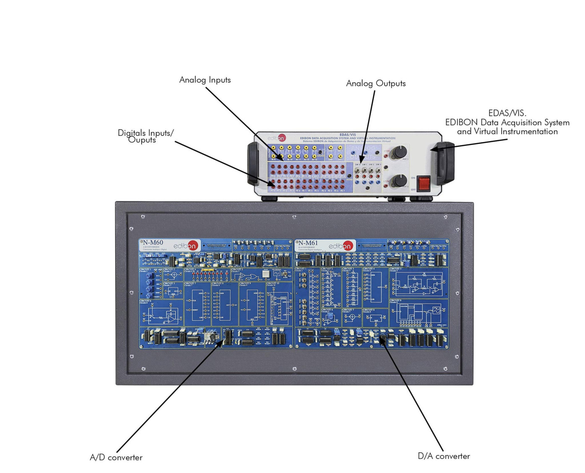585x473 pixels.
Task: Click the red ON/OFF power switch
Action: point(423,183)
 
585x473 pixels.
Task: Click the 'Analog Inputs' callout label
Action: point(205,80)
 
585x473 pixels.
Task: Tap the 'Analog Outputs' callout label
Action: point(375,83)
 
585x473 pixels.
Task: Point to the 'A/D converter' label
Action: point(116,457)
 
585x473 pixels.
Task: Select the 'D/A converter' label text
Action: point(443,456)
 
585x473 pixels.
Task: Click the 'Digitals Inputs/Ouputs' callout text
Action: point(145,136)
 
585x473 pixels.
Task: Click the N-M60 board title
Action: point(153,243)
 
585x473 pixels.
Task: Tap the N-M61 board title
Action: point(308,243)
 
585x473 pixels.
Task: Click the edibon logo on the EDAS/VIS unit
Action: point(276,138)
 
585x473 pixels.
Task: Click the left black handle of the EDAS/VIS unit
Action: point(253,164)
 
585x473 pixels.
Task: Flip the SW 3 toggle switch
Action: point(378,170)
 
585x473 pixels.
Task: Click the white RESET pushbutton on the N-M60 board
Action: point(265,274)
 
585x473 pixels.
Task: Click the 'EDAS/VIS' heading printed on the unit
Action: point(347,135)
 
